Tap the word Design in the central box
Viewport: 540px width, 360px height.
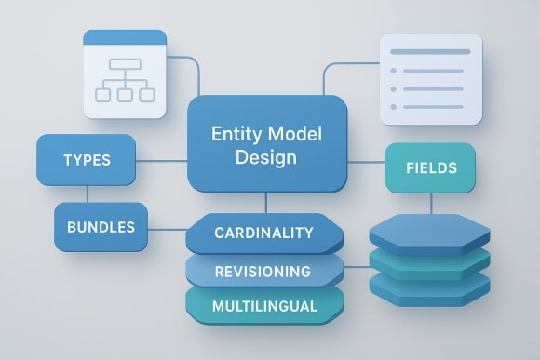(266, 157)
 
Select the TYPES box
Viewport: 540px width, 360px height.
(87, 159)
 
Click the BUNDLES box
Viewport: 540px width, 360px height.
(100, 226)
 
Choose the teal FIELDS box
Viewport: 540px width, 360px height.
(430, 168)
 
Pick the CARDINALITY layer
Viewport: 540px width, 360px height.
(264, 233)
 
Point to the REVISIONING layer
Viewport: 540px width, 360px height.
(263, 271)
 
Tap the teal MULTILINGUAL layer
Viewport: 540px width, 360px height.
(264, 305)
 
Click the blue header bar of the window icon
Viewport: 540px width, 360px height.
(125, 38)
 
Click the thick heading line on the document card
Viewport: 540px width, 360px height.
(430, 52)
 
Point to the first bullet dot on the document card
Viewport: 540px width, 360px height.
(394, 71)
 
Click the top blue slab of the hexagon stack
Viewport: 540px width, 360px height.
(430, 232)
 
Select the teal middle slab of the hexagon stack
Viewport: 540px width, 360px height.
(430, 262)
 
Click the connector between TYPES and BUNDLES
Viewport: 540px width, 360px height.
(87, 193)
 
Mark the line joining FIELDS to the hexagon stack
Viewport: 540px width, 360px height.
(430, 203)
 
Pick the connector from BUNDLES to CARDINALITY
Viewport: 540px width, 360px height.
(168, 229)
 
